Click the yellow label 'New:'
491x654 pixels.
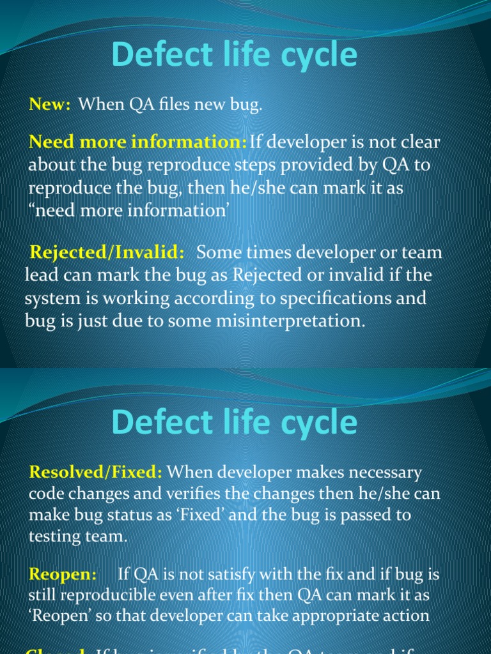click(49, 105)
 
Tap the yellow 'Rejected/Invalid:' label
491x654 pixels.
click(107, 253)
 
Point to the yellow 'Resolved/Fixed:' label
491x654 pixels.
click(96, 473)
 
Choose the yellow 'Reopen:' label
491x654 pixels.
click(63, 575)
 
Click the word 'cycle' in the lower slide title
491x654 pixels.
click(317, 423)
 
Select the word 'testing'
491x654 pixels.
click(58, 536)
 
